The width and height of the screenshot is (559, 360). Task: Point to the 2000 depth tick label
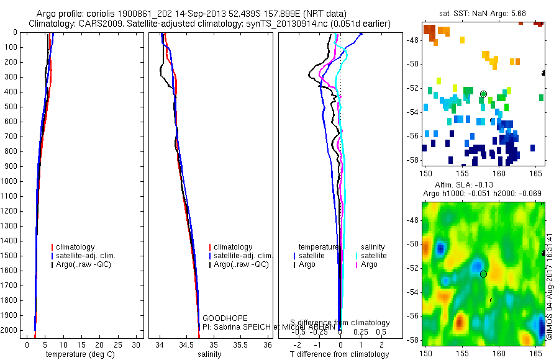tap(9, 330)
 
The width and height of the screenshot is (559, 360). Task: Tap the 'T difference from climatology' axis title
tap(339, 354)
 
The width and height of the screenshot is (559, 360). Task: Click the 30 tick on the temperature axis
tap(137, 344)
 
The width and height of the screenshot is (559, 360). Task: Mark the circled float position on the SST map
tap(483, 94)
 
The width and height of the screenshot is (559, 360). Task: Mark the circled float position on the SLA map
tap(483, 274)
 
